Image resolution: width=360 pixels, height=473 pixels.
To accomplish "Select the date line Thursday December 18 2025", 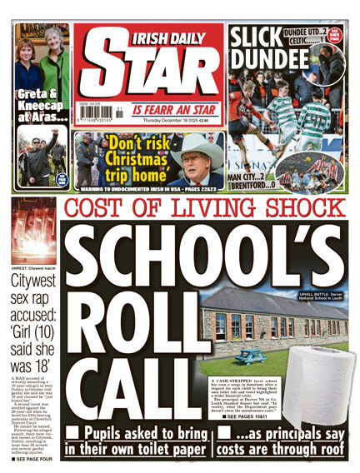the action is coord(183,120).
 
